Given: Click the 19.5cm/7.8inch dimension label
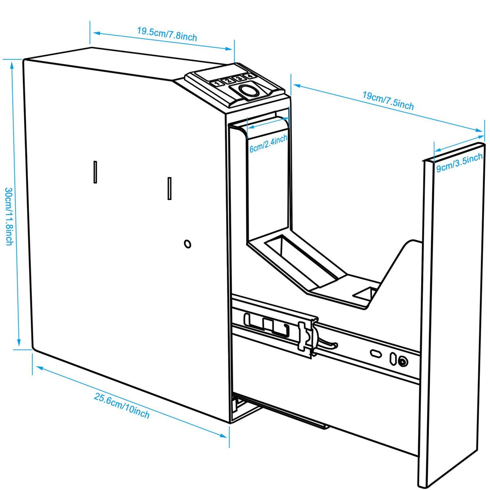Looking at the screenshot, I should pyautogui.click(x=167, y=34).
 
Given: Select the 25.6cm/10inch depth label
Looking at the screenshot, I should pyautogui.click(x=121, y=405).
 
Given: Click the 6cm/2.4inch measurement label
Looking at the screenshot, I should pyautogui.click(x=268, y=143).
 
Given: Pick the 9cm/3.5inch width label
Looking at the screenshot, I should pyautogui.click(x=459, y=162).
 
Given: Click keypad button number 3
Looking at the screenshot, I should pyautogui.click(x=239, y=78).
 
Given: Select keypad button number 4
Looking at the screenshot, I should pyautogui.click(x=249, y=75).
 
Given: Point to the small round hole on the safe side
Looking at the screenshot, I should pyautogui.click(x=187, y=244).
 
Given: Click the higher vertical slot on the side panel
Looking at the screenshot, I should pyautogui.click(x=95, y=172).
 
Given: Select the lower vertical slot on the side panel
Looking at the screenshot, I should pyautogui.click(x=170, y=188).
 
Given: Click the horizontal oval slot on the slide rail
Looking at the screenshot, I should pyautogui.click(x=376, y=354).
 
